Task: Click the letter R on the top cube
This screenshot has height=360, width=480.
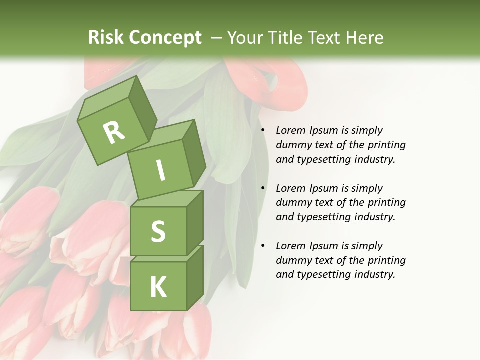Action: coord(114,133)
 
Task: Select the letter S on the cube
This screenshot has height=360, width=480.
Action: coord(158,232)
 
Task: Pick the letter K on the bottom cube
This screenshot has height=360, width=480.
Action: coord(158,287)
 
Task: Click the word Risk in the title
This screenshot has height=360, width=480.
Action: coord(106,38)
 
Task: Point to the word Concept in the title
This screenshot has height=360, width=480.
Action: coord(165,38)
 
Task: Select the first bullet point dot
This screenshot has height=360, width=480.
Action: coord(262,131)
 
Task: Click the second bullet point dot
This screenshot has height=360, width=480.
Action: coord(262,189)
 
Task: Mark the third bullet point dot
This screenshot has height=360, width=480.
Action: coord(262,246)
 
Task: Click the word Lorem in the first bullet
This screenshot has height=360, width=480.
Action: coord(290,131)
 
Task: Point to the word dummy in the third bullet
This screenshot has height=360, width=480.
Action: coord(293,260)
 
